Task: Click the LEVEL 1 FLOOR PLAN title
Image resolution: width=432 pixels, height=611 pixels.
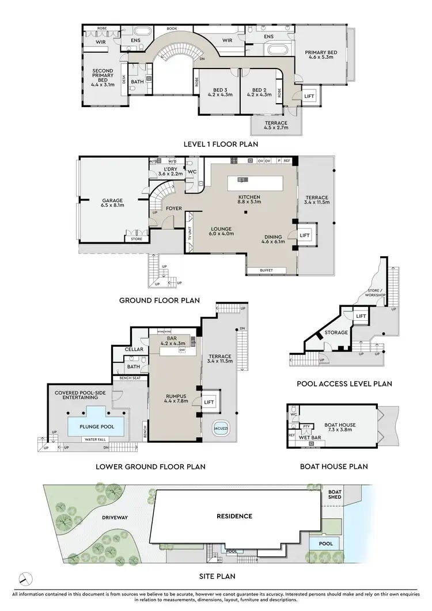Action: coord(221,144)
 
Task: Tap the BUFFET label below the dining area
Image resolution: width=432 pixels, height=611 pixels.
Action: coord(266,270)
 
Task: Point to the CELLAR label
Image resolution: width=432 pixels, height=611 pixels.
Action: coord(134,350)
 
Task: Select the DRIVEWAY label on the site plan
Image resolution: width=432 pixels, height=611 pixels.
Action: coord(114,517)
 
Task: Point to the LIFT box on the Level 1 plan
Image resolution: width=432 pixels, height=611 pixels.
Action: coord(309,96)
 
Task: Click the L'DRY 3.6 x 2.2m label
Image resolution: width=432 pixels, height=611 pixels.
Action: coord(170,170)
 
